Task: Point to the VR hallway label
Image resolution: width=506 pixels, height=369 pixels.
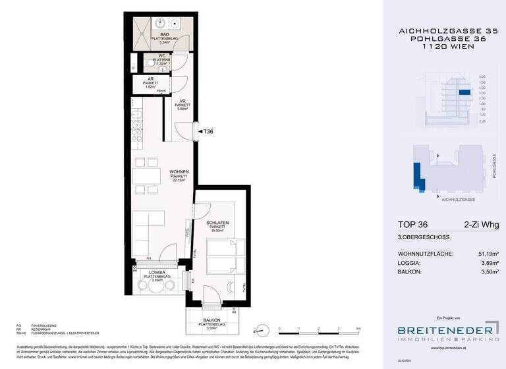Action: [x=183, y=100]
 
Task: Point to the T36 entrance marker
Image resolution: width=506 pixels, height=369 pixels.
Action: [x=208, y=132]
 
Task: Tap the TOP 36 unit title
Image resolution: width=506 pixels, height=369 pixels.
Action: [x=413, y=225]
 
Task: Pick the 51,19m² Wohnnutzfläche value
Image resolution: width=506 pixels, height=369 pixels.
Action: [x=484, y=254]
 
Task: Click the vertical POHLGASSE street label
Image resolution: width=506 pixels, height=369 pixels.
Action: [x=493, y=166]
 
